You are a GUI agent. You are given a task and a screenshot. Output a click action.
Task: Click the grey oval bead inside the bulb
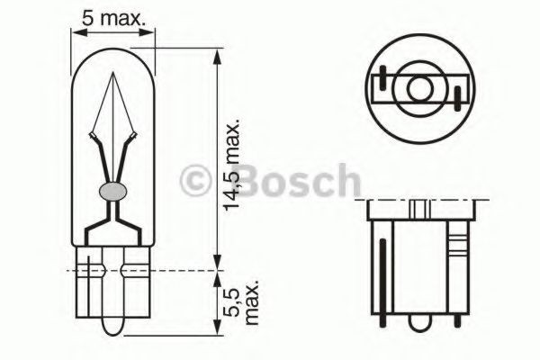(112, 191)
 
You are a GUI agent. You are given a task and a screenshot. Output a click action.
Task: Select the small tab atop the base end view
(418, 208)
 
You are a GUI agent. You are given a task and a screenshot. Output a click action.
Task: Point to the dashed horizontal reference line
(144, 269)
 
